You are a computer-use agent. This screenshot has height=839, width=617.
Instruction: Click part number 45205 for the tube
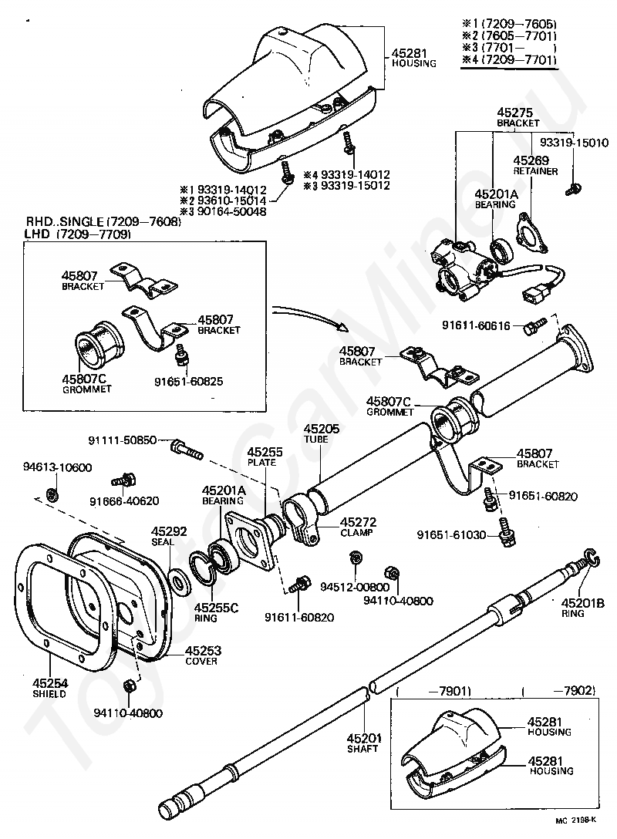[320, 428]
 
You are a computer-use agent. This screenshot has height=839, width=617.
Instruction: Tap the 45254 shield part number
[49, 683]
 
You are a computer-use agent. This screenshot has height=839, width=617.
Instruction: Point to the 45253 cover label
[201, 651]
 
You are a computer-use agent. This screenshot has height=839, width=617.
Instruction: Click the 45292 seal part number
[169, 531]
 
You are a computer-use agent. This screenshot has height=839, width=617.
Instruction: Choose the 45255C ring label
[217, 608]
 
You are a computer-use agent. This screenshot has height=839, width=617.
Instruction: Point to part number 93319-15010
[574, 143]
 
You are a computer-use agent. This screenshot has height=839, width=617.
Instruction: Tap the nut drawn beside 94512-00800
[356, 557]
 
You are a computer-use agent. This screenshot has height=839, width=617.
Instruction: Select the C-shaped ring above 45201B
[590, 561]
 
